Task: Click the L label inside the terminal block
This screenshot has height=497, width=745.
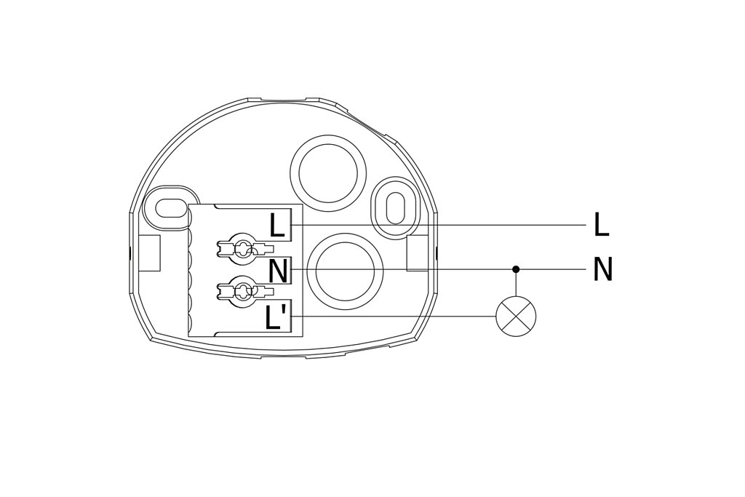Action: click(x=277, y=226)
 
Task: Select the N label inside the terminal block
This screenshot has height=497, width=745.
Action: click(x=278, y=271)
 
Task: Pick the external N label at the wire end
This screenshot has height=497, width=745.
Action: click(x=603, y=269)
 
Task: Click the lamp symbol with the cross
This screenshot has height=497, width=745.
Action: click(x=516, y=317)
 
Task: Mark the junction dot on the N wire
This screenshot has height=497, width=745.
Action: click(x=516, y=269)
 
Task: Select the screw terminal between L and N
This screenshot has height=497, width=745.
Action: click(x=244, y=247)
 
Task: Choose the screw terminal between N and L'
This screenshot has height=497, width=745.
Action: click(x=244, y=290)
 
